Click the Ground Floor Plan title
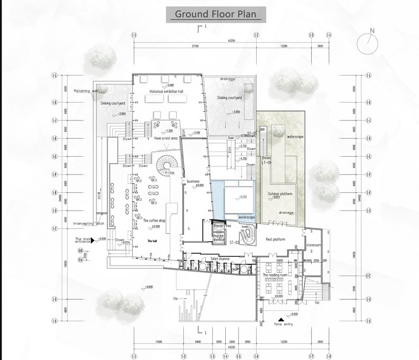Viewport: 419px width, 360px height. point(215,14)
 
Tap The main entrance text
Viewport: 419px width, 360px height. point(84,241)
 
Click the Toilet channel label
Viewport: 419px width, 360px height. point(220,258)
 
